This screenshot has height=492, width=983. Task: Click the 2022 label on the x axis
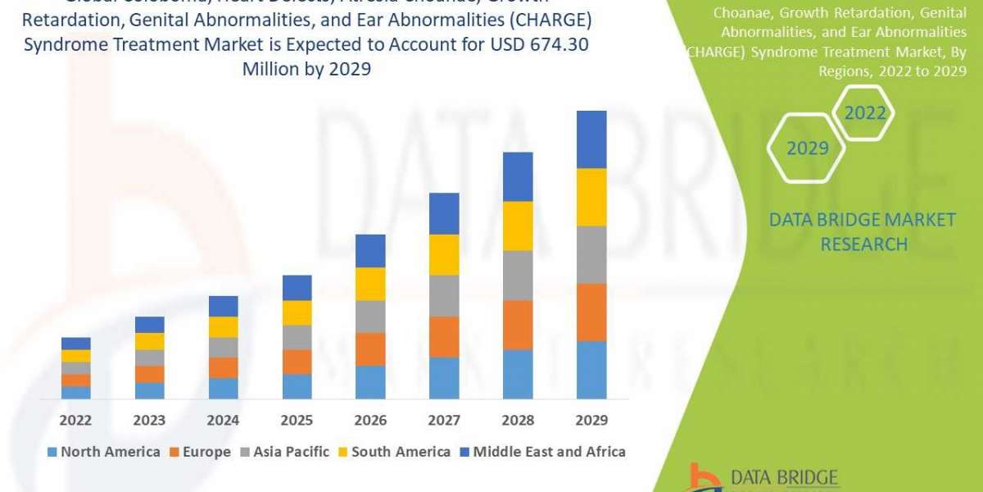click(76, 420)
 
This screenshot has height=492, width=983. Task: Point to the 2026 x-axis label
click(370, 420)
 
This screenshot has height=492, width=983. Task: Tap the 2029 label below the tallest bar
click(591, 420)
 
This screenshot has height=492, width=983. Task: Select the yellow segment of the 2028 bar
click(518, 225)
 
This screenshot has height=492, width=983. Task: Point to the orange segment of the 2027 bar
click(444, 336)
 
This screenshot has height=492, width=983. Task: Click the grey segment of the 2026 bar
click(370, 317)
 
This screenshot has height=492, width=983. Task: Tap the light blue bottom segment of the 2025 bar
click(297, 386)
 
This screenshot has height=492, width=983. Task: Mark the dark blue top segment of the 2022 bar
click(76, 343)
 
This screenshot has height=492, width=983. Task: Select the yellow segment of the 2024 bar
click(223, 326)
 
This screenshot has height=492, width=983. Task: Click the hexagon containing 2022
click(865, 113)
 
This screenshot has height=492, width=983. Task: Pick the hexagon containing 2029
click(806, 148)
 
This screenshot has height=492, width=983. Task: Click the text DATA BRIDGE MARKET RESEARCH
click(863, 231)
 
